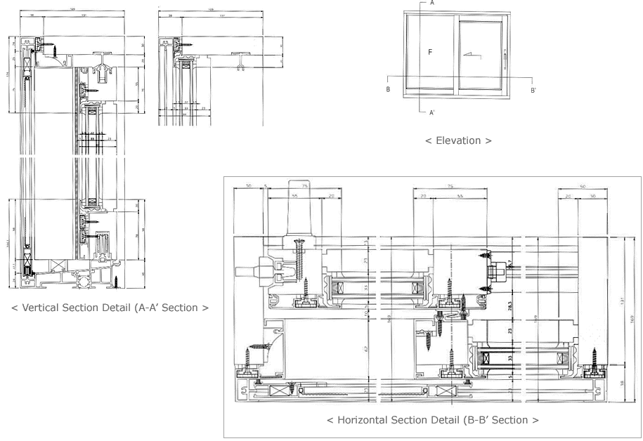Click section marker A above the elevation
pyautogui.click(x=431, y=3)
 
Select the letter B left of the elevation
pyautogui.click(x=388, y=90)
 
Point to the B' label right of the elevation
pyautogui.click(x=533, y=90)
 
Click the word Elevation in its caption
pyautogui.click(x=457, y=140)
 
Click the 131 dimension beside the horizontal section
pyautogui.click(x=622, y=302)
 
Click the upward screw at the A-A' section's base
pyautogui.click(x=118, y=281)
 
